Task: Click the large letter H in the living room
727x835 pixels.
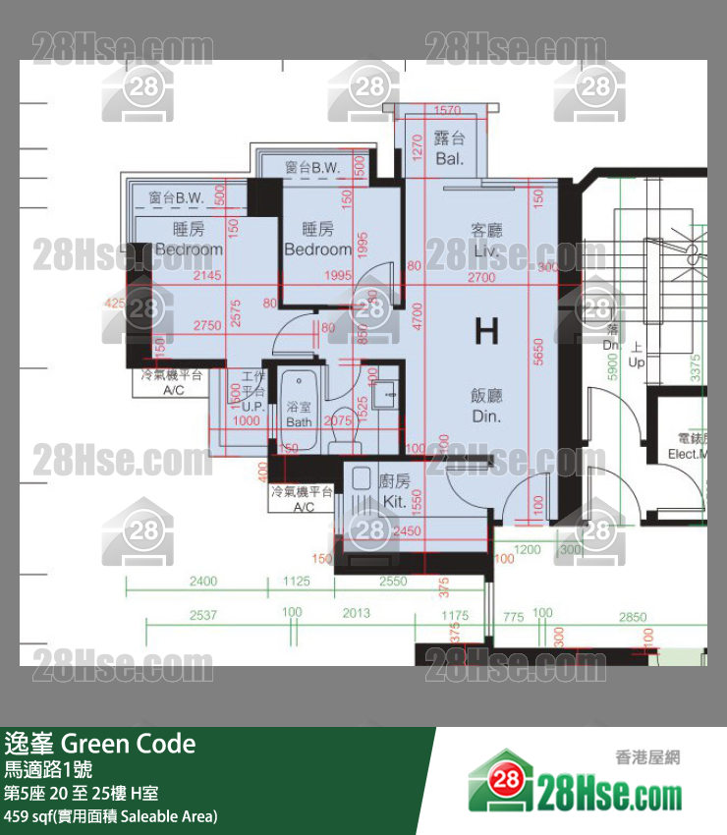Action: click(x=486, y=332)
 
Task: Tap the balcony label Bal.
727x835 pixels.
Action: click(x=449, y=158)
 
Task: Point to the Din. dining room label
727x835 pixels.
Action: click(x=486, y=417)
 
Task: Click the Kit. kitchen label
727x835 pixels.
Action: click(x=394, y=501)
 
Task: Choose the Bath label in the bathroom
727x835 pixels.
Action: click(x=299, y=421)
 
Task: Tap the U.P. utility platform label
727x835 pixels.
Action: click(x=252, y=406)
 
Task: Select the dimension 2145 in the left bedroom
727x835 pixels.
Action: click(x=207, y=276)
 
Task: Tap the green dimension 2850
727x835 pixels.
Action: click(x=633, y=617)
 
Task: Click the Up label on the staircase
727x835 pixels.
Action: click(x=636, y=362)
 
